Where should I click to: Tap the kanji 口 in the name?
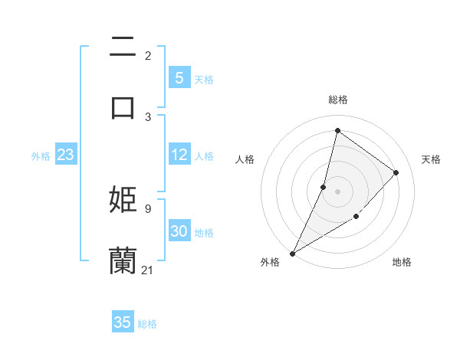[x=123, y=106]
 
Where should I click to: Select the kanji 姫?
[x=123, y=199]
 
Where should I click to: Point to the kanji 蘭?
[x=123, y=260]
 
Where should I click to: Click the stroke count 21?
[x=148, y=270]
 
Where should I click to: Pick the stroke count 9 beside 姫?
[x=147, y=208]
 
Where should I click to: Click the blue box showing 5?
[x=179, y=78]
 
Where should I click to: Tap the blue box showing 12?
[x=179, y=155]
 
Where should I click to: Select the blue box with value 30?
[x=179, y=231]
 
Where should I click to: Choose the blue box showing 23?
[x=65, y=155]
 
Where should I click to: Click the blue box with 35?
[x=123, y=322]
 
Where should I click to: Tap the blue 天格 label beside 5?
[x=204, y=79]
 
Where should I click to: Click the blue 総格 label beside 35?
[x=147, y=324]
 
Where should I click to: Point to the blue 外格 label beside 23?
[x=41, y=155]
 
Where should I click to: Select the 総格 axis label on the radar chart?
[x=338, y=100]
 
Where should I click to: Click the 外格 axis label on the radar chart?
[x=270, y=262]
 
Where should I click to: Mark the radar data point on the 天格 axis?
[x=396, y=172]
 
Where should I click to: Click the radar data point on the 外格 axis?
[x=293, y=253]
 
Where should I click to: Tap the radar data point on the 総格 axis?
[x=337, y=130]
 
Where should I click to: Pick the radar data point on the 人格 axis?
[x=324, y=187]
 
